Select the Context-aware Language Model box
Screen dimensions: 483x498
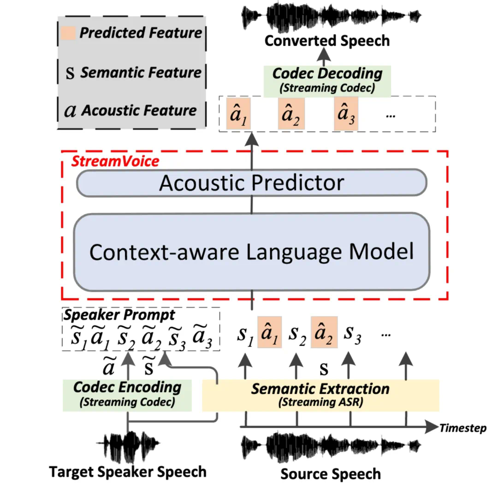251,252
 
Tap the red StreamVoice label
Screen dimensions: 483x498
115,161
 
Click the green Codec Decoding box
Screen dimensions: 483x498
327,80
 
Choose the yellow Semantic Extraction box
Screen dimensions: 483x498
320,395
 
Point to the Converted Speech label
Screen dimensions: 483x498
327,41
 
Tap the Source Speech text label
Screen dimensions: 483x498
331,473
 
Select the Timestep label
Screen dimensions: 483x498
462,428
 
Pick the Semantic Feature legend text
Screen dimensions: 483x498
141,72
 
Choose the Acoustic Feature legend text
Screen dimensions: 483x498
139,111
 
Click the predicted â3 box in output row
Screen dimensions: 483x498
346,114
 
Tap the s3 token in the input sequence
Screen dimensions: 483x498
351,337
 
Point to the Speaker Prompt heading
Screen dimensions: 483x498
119,315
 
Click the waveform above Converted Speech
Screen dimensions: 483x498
331,16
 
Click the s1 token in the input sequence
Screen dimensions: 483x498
245,336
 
